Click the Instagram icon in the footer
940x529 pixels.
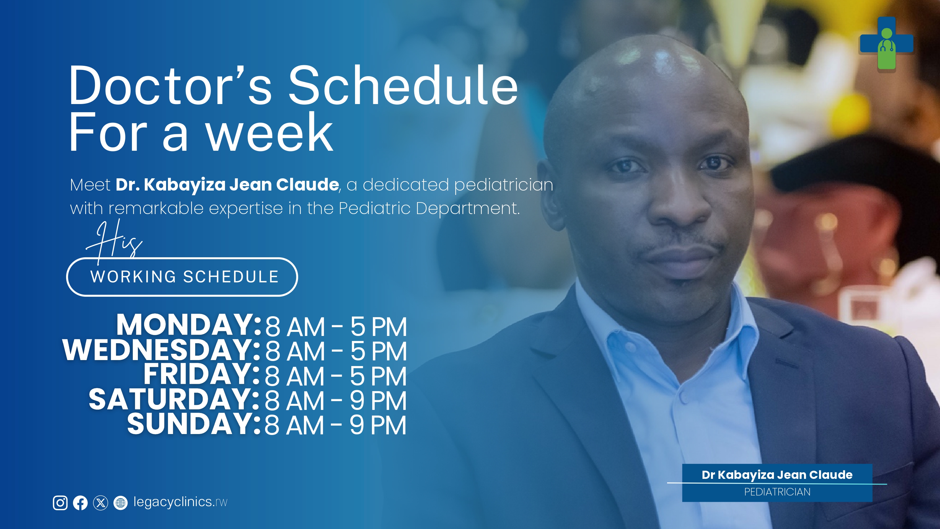[x=60, y=503]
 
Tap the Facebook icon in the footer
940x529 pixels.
[x=80, y=503]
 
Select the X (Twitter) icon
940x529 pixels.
[x=100, y=503]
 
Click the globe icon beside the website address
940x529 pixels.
[x=120, y=503]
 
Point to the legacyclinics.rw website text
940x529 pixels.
[x=180, y=502]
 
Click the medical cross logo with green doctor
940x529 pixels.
[x=886, y=44]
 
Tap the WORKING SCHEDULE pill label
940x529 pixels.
[x=182, y=277]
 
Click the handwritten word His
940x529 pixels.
[x=114, y=241]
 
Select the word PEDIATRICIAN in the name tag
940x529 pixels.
[x=777, y=492]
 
